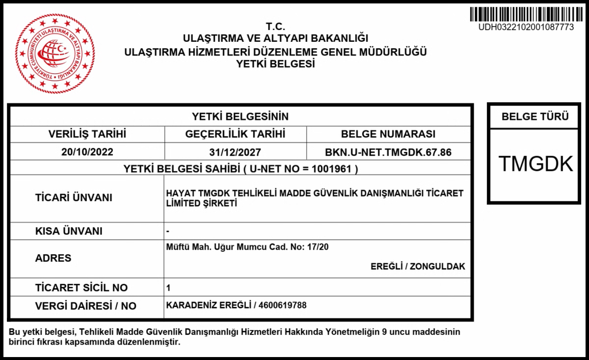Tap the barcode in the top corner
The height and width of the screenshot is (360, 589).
coord(526,14)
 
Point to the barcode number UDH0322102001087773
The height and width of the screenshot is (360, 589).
coord(526,28)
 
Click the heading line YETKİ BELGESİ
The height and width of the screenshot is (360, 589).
coord(275,64)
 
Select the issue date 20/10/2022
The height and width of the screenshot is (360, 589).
coord(87,152)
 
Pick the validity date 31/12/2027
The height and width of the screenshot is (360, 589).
coord(236,152)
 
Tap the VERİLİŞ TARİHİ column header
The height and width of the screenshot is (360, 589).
coord(87,134)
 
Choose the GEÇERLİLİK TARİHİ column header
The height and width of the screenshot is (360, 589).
coord(236,134)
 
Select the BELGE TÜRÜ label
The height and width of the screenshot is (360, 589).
coord(535,117)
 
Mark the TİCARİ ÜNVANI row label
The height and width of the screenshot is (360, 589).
coord(74,198)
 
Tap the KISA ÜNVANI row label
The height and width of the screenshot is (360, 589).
coord(69,231)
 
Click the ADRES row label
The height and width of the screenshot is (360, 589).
coord(54,258)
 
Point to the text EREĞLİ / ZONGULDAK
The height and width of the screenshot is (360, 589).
coord(418,266)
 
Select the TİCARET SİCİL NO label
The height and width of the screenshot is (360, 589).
coord(81,287)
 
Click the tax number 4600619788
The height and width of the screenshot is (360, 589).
coord(282,305)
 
